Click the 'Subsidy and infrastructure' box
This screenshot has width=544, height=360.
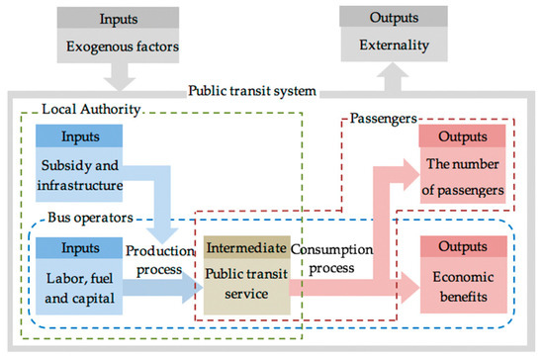tap(86, 174)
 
